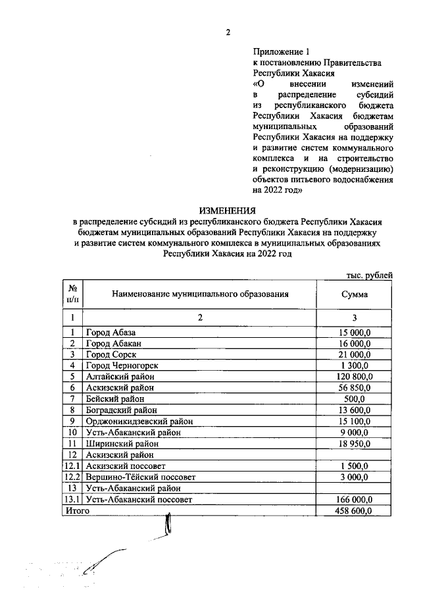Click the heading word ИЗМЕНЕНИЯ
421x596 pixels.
click(x=228, y=211)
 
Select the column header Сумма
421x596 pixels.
click(x=354, y=294)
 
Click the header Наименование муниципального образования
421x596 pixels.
click(x=200, y=294)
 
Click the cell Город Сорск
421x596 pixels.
click(x=110, y=354)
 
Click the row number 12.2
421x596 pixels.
click(x=72, y=477)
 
